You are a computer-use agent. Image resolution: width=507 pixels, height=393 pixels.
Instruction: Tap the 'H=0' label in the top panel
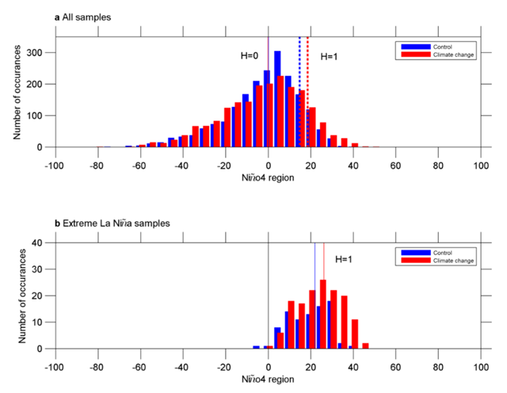coord(250,56)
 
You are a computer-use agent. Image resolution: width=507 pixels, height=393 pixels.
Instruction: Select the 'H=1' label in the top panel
coord(329,56)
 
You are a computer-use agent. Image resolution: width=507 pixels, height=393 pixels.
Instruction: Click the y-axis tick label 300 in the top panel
coord(40,52)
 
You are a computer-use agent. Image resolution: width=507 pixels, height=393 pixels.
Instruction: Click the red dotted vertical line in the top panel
coord(307,87)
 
